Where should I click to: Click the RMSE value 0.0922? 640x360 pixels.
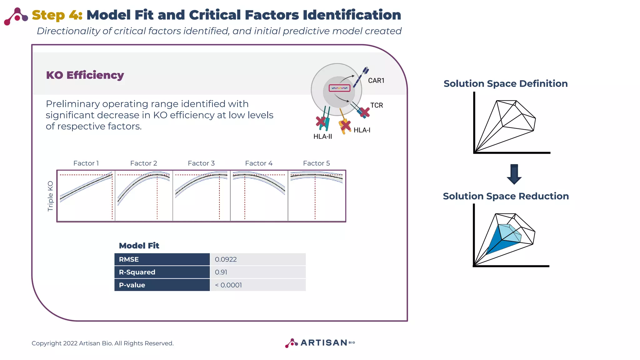226,259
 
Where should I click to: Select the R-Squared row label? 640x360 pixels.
137,272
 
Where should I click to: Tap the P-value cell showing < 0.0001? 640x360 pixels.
228,285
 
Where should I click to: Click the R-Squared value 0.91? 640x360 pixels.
221,272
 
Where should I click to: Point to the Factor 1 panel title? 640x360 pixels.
86,163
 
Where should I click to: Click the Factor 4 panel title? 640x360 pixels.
259,163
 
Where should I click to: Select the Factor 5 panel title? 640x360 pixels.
316,163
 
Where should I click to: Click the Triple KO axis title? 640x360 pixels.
50,196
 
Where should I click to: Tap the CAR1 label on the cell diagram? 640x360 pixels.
376,81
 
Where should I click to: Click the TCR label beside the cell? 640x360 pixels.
377,105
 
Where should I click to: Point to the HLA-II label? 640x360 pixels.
322,137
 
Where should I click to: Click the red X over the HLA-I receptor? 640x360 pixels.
345,125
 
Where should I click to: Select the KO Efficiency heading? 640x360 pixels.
85,75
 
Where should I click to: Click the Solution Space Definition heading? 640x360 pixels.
505,83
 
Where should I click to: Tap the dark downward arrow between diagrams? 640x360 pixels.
514,174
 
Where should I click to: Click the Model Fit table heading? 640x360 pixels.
139,246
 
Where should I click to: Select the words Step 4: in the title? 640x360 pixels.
57,15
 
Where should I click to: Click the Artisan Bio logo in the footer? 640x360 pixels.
320,343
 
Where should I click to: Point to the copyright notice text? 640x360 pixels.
102,343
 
